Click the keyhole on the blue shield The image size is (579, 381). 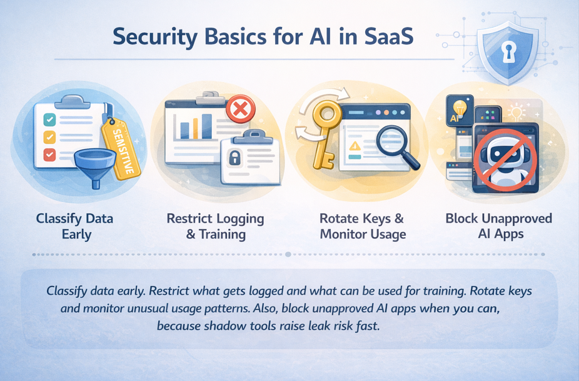click(x=509, y=52)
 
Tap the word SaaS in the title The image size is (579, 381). click(x=388, y=37)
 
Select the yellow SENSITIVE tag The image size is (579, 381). click(x=121, y=148)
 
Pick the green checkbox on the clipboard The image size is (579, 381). click(x=50, y=119)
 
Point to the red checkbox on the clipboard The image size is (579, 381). click(x=50, y=154)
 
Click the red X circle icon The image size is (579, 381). click(x=240, y=109)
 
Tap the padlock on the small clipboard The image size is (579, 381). click(x=234, y=157)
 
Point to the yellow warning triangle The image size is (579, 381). click(x=355, y=146)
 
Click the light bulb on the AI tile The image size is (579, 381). click(x=460, y=109)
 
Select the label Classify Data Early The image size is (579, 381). click(x=75, y=226)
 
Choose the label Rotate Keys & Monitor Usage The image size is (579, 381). click(x=362, y=226)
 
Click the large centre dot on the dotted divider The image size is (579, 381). click(x=288, y=254)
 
